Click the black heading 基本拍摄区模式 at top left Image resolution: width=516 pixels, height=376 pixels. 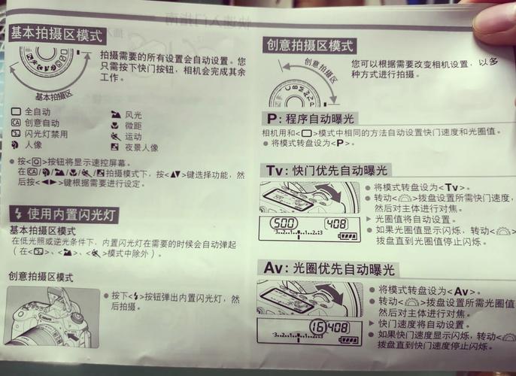pyautogui.click(x=56, y=34)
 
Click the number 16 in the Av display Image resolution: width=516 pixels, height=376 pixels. pyautogui.click(x=317, y=327)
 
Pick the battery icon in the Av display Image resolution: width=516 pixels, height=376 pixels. pyautogui.click(x=348, y=340)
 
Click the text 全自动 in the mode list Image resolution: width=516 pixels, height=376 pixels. pyautogui.click(x=37, y=111)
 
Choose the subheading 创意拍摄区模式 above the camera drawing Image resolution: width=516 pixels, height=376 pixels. pyautogui.click(x=41, y=277)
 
